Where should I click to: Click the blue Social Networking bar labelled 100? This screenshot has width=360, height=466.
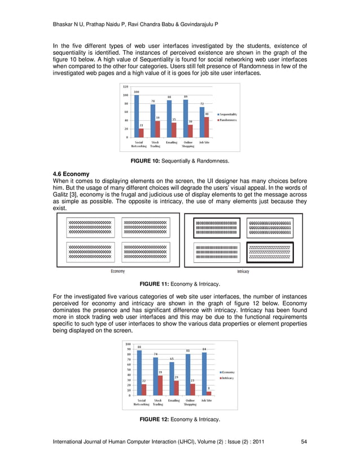tap(137, 116)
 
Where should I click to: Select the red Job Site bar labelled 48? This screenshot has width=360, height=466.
tap(207, 127)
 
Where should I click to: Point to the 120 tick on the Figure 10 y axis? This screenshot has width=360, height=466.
tap(125, 86)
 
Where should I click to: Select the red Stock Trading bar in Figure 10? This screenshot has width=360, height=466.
tap(157, 129)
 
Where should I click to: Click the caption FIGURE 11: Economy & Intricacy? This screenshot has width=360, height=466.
tap(179, 284)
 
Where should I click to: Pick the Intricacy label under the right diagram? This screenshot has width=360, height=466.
tap(243, 271)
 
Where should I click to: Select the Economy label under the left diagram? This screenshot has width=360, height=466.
tap(117, 271)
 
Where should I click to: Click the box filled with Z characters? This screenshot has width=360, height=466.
tap(270, 252)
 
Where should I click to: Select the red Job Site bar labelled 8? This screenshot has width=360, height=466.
tap(209, 393)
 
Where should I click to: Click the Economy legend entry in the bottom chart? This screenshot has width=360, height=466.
tap(227, 372)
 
